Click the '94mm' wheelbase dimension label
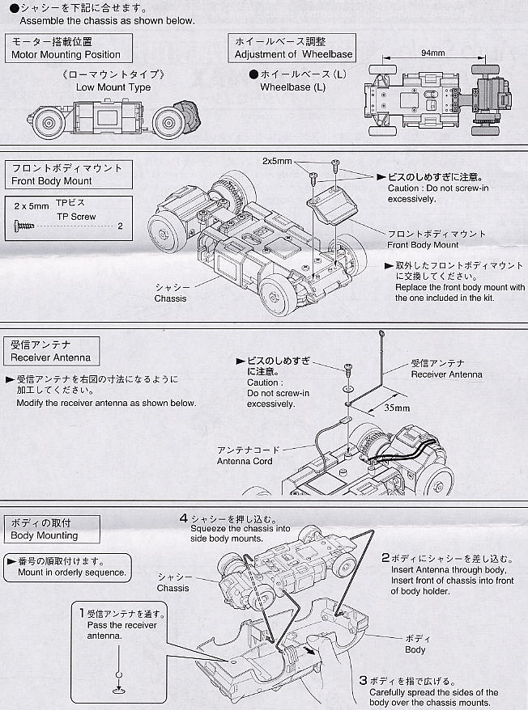click(433, 53)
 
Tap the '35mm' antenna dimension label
click(397, 408)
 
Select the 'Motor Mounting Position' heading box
click(66, 48)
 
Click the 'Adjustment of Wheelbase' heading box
click(294, 48)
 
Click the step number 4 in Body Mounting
click(184, 518)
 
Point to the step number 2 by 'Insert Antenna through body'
click(385, 558)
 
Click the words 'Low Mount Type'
click(113, 87)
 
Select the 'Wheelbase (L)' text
click(292, 87)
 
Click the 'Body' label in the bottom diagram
click(415, 649)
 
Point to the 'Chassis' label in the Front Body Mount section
click(170, 298)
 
